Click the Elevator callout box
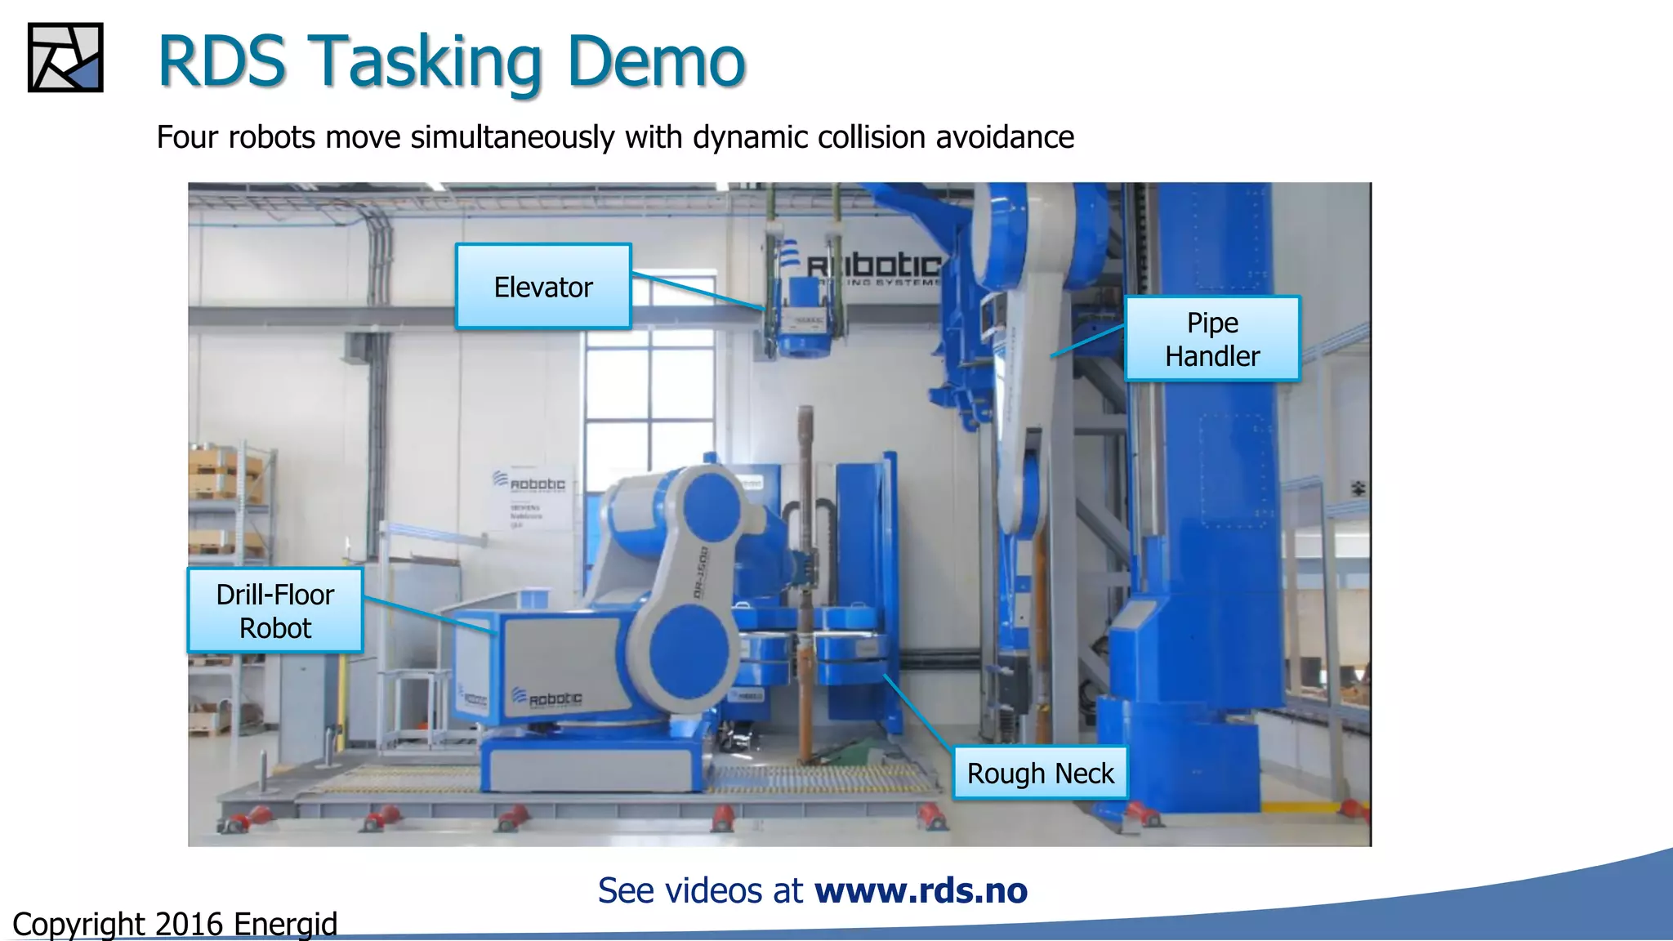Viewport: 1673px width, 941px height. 543,287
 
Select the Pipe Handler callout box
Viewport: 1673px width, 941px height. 1212,339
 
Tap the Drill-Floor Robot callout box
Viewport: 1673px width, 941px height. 275,611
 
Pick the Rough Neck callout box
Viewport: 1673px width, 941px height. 1040,773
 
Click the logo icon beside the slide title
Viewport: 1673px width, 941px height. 65,58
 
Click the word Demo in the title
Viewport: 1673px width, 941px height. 655,62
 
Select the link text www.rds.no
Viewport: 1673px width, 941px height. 921,890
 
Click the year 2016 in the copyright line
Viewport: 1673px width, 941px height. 189,924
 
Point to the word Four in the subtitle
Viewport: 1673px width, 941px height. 188,137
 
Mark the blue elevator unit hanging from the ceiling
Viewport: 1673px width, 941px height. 804,327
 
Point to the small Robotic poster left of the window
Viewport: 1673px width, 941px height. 529,498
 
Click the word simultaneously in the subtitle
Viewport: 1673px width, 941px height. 512,137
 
